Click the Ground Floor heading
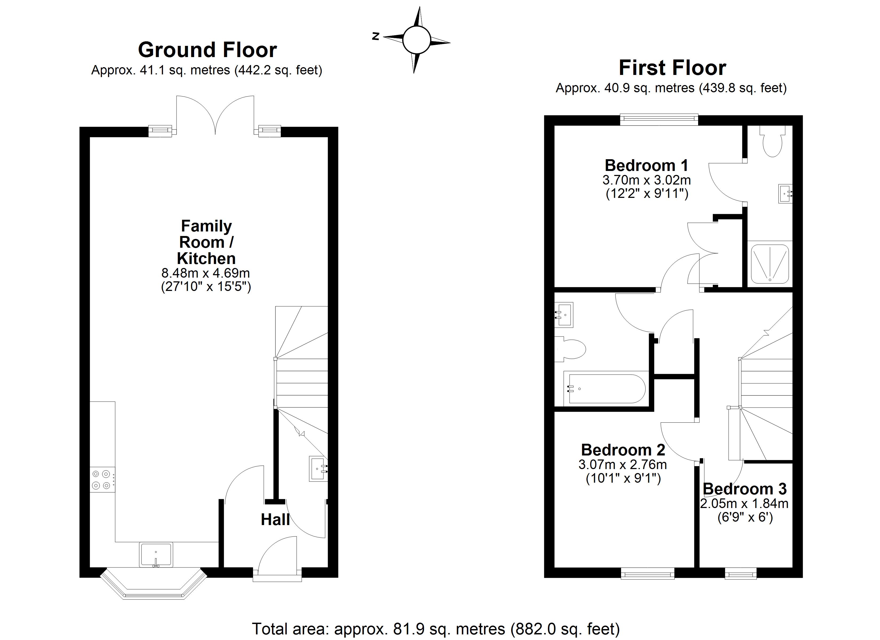click(207, 50)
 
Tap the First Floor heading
click(672, 68)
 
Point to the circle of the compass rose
click(416, 40)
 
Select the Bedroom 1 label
click(646, 165)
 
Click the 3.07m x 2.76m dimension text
click(622, 464)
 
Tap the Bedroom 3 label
click(744, 489)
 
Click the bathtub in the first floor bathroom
click(604, 389)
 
